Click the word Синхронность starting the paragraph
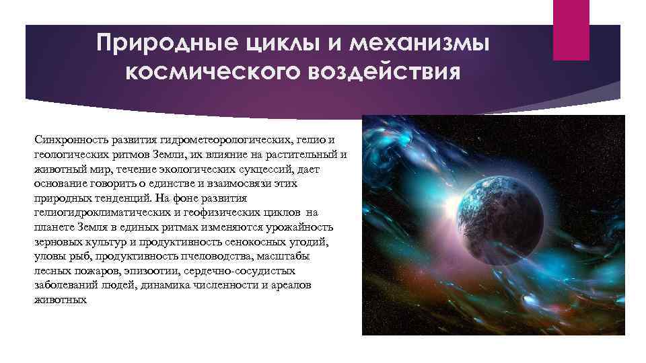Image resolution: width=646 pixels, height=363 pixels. (63, 139)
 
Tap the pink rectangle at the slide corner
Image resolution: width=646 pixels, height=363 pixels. (571, 30)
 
